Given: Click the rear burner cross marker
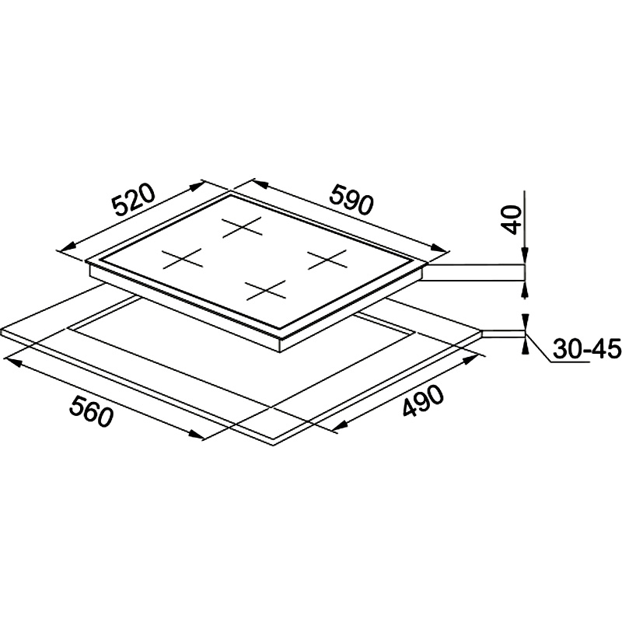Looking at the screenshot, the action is point(242,227).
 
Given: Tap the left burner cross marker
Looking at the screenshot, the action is point(183,259).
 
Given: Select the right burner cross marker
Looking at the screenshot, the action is point(327,260).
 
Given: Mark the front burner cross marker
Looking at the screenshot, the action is point(265,290).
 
